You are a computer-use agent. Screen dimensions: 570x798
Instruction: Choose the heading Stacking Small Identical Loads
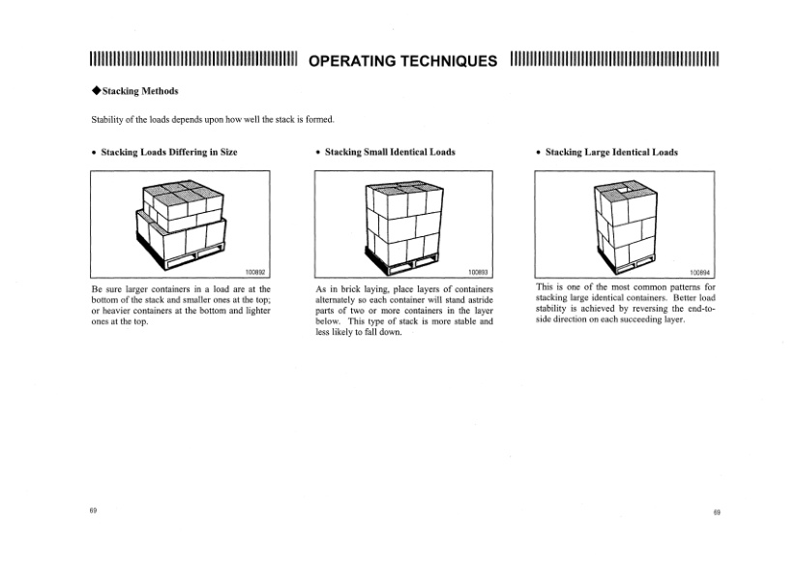[x=390, y=152]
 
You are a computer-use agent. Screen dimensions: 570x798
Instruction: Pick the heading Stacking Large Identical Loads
[x=611, y=152]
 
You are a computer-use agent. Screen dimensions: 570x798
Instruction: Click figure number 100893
[x=477, y=272]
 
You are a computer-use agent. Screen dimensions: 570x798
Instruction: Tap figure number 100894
[x=699, y=272]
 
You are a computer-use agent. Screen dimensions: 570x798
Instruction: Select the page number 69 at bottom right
[x=717, y=511]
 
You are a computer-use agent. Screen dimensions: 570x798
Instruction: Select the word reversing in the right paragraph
[x=642, y=310]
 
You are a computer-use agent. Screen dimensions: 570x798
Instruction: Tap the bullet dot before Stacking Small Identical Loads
[x=318, y=153]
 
